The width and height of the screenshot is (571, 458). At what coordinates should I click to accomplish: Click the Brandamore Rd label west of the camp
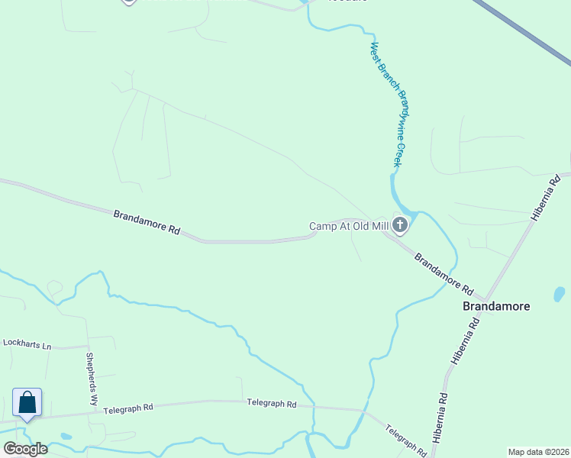pos(147,222)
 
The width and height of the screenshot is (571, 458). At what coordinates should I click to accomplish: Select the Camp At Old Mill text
pos(348,226)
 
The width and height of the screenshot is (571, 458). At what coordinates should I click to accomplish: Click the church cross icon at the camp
pos(399,225)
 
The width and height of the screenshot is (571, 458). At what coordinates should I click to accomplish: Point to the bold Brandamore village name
pos(496,306)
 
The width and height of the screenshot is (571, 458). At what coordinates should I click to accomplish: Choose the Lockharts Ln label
pos(26,345)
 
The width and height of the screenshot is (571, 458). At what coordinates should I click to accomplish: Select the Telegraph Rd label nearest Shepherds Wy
pos(128,408)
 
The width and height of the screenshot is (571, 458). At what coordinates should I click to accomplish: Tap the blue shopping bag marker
pos(27,402)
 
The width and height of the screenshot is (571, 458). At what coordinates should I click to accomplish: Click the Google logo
pos(25,449)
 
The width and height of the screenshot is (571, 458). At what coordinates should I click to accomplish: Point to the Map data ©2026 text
pos(538,452)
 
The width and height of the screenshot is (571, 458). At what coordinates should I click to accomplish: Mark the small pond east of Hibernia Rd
pos(559,295)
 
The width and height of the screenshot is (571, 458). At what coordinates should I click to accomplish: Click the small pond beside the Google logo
pos(66,437)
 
